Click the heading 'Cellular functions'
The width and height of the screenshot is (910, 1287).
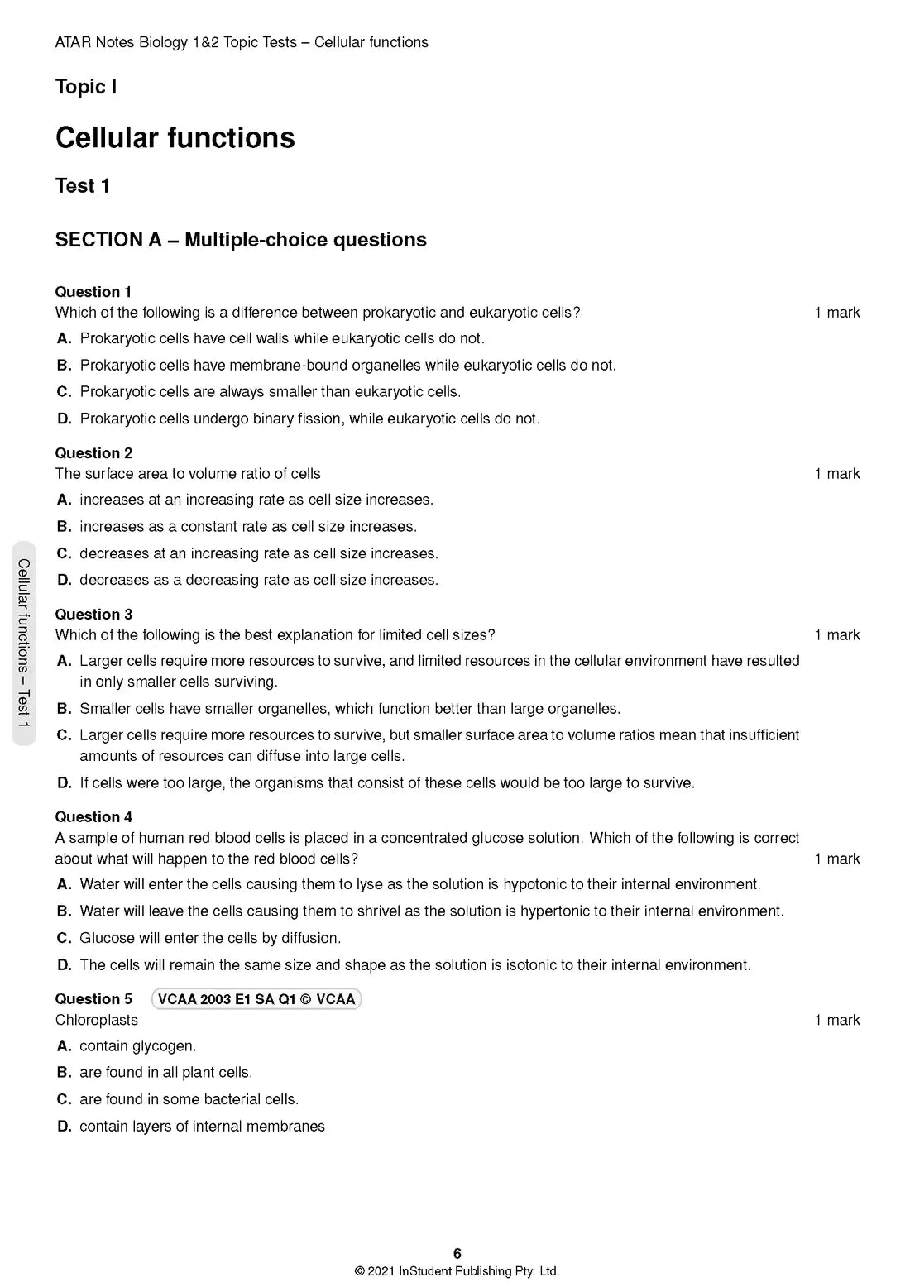tap(175, 137)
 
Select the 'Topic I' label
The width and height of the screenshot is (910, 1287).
tap(86, 87)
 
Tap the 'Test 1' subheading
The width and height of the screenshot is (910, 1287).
tap(82, 186)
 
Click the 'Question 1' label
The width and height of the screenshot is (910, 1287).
tap(93, 292)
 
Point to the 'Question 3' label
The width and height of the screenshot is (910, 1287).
tap(93, 615)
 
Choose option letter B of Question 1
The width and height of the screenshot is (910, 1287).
tap(65, 366)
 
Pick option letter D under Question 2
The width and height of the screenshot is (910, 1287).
tap(65, 581)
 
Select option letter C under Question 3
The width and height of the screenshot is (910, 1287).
tap(65, 735)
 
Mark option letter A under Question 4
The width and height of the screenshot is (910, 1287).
tap(65, 885)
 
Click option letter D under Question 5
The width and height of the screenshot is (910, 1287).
tap(65, 1127)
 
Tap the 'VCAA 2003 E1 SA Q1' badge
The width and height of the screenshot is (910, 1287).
tap(256, 999)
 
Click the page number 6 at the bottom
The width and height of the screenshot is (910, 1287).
tap(457, 1254)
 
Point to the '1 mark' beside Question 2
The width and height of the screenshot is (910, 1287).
tap(837, 474)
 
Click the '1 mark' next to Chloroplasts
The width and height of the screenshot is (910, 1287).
tap(837, 1021)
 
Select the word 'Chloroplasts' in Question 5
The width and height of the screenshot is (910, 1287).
tap(97, 1021)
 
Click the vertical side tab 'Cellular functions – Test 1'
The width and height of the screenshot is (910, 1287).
tap(24, 643)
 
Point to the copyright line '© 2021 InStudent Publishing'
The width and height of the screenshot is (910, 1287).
tap(457, 1272)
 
